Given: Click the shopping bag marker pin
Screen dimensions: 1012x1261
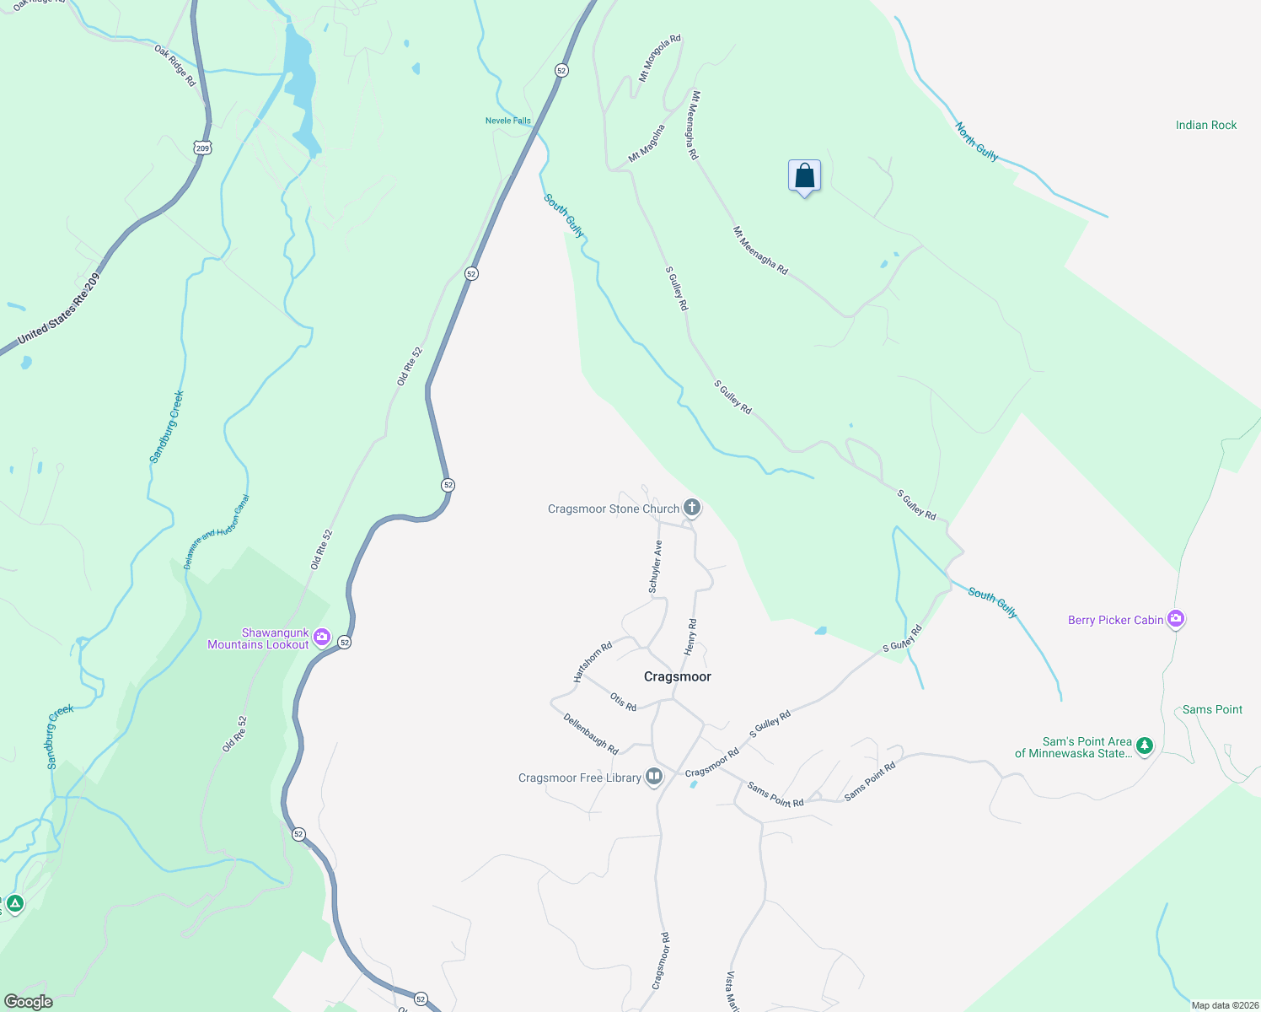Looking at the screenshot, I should pyautogui.click(x=804, y=176).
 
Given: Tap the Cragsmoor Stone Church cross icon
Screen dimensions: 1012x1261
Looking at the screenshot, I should pyautogui.click(x=692, y=508).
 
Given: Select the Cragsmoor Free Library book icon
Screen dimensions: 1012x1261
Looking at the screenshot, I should pyautogui.click(x=654, y=777).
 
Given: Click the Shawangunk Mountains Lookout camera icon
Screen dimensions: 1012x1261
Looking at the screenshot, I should pyautogui.click(x=321, y=638).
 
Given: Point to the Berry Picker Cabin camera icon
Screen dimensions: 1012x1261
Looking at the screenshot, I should pyautogui.click(x=1176, y=619).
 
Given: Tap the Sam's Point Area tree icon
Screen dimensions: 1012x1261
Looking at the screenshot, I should pyautogui.click(x=1144, y=746).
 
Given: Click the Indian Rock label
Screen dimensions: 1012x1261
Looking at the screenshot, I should pyautogui.click(x=1205, y=125).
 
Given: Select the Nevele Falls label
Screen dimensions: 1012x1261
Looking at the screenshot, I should pyautogui.click(x=507, y=121).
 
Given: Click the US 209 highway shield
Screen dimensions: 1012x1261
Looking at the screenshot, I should pyautogui.click(x=202, y=148).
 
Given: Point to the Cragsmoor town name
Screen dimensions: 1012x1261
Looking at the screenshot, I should pyautogui.click(x=677, y=676).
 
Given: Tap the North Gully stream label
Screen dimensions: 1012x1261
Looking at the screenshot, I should pyautogui.click(x=976, y=141).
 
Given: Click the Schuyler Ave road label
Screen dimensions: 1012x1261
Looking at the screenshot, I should pyautogui.click(x=655, y=567).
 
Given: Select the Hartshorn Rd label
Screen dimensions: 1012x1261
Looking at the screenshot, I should pyautogui.click(x=593, y=662).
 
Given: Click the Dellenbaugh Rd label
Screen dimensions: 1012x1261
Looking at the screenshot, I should pyautogui.click(x=590, y=734).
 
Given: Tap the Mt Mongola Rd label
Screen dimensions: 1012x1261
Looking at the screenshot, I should pyautogui.click(x=659, y=58).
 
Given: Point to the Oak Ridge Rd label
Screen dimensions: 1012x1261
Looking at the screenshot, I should pyautogui.click(x=174, y=66).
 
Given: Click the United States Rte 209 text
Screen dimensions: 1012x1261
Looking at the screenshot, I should pyautogui.click(x=58, y=308).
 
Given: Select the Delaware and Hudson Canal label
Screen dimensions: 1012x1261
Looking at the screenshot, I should pyautogui.click(x=216, y=531).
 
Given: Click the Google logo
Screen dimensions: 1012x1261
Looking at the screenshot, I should pyautogui.click(x=28, y=1002).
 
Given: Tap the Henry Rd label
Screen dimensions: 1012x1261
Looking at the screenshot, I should pyautogui.click(x=690, y=637).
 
